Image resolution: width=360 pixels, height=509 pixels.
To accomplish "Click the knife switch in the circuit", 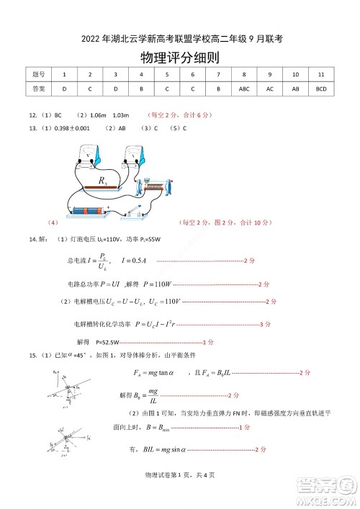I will coord(134,211).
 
